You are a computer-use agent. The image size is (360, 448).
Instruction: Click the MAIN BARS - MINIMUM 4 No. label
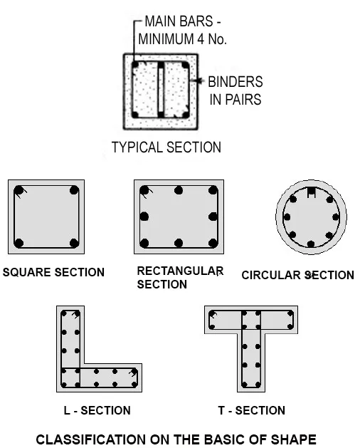(182, 30)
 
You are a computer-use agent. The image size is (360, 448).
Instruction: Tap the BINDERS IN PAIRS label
(235, 90)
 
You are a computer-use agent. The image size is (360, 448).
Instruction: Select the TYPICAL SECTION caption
(166, 147)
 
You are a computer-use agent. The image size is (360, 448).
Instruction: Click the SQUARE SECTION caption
(53, 272)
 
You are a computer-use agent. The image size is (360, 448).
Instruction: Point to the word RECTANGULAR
(180, 271)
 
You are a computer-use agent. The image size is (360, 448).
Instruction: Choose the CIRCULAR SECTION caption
(298, 275)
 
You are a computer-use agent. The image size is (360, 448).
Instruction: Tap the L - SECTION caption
(97, 410)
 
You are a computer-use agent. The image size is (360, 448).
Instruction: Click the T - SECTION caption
(252, 410)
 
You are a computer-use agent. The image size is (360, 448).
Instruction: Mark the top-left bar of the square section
(18, 190)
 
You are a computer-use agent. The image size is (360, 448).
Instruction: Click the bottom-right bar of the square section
(74, 243)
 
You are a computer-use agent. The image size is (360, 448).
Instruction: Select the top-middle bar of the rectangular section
(179, 190)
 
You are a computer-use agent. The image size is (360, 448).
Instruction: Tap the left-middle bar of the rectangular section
(144, 217)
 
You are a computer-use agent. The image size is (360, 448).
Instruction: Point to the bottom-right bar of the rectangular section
(213, 243)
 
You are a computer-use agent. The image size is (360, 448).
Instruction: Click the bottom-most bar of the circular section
(311, 244)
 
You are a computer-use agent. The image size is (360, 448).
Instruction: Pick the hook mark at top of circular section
(311, 192)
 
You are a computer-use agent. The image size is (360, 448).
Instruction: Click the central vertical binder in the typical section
(161, 90)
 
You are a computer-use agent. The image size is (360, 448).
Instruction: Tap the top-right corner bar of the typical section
(185, 66)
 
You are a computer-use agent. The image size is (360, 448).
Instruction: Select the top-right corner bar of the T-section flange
(290, 313)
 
